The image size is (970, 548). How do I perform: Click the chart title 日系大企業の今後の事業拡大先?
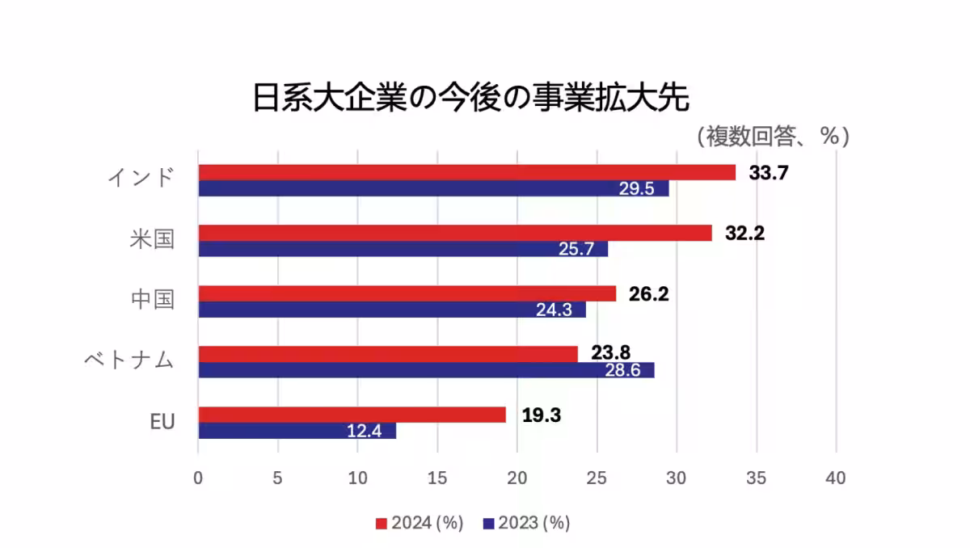470,99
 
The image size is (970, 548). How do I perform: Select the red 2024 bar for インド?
467,172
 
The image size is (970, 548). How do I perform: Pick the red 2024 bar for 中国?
407,293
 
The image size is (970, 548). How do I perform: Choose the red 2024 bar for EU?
352,415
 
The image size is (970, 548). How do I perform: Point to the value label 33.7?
769,172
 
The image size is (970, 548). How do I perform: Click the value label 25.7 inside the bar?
576,249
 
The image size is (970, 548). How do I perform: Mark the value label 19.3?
542,415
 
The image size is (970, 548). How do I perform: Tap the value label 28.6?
624,370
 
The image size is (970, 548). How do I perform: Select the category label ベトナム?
129,360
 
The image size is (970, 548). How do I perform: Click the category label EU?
162,422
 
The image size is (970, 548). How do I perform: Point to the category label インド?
141,178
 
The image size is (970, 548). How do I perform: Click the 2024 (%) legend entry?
420,523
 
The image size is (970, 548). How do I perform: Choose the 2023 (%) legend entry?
526,523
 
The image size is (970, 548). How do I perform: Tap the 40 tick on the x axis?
836,478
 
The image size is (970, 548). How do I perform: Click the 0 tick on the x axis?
198,478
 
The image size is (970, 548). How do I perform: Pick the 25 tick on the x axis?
597,478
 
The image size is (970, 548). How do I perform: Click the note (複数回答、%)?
773,136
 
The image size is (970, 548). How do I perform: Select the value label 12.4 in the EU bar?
364,431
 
